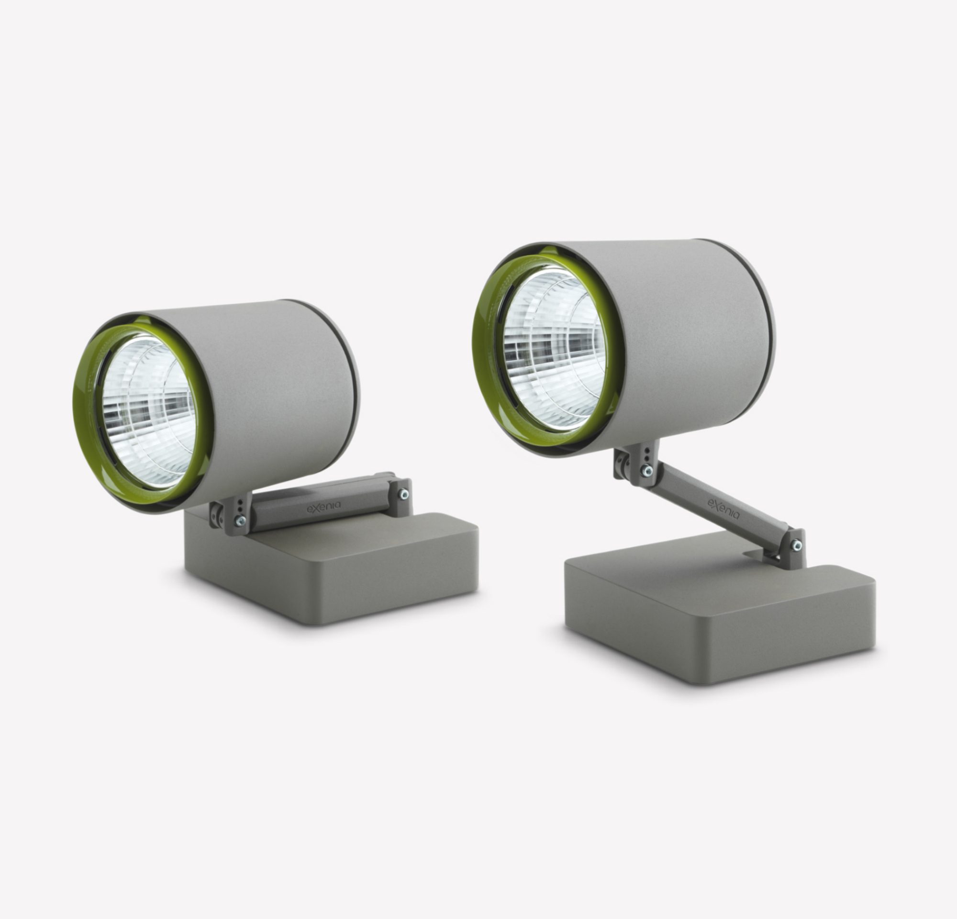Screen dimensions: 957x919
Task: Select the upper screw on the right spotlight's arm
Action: (x=647, y=471)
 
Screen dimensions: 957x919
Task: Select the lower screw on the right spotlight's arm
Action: (x=796, y=545)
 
